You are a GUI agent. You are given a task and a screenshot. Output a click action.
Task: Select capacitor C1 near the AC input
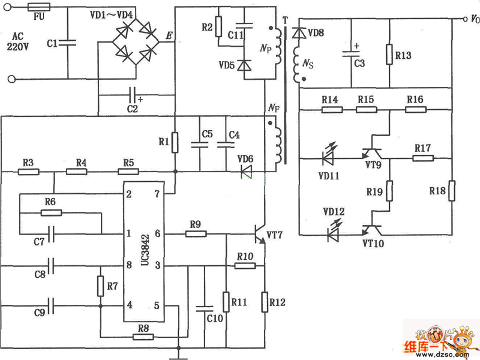point(68,43)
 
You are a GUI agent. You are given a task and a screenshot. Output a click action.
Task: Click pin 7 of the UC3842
point(157,194)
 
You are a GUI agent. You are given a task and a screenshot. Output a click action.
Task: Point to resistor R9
point(196,233)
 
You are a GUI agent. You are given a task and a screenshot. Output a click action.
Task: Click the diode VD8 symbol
point(297,34)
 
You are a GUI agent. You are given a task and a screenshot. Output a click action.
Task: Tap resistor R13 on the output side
point(390,56)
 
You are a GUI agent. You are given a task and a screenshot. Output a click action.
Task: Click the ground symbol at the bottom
point(178,353)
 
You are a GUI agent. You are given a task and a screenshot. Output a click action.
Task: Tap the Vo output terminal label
point(473,19)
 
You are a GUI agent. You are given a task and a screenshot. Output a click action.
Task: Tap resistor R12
point(265,302)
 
